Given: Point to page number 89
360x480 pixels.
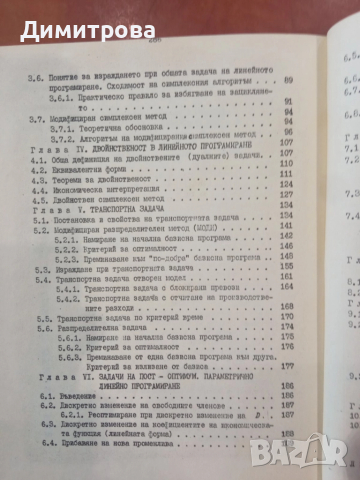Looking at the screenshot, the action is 291,77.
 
